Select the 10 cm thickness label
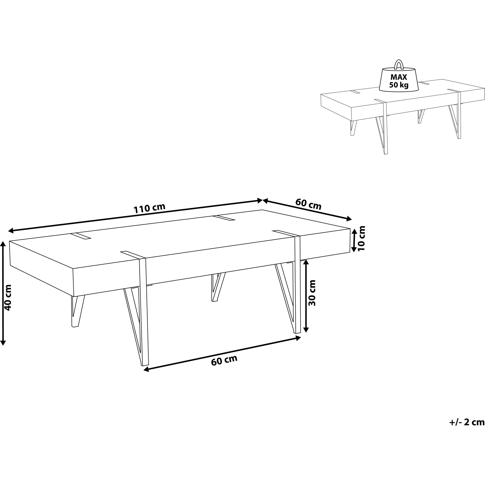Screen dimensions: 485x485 pos(361,238)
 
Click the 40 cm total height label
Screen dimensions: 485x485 pos(8,298)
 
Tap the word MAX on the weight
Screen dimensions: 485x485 pos(399,77)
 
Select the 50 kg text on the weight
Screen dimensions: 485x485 pos(399,85)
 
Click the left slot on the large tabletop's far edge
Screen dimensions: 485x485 pos(81,236)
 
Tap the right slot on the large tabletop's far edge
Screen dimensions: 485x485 pos(224,218)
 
